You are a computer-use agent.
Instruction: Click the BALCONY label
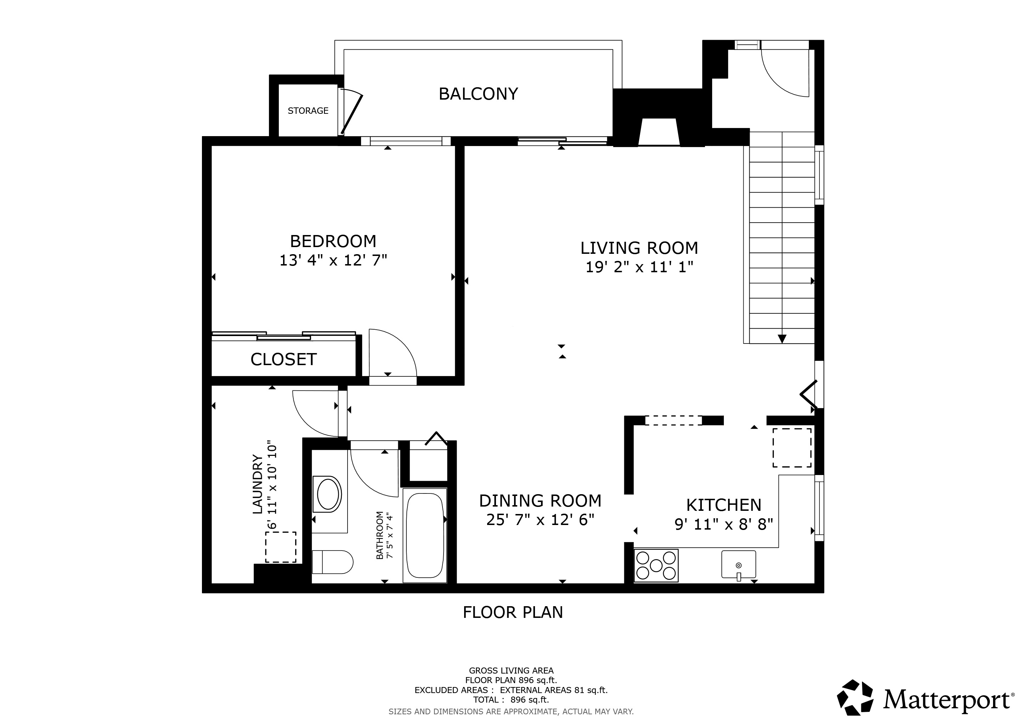(478, 94)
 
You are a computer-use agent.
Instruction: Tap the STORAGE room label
(308, 110)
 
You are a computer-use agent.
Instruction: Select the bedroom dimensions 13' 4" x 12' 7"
(333, 260)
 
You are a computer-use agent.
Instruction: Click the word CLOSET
(283, 359)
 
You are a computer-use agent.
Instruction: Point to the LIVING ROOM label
(639, 248)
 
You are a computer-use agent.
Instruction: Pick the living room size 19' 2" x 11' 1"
(639, 267)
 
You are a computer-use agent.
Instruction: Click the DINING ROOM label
(540, 501)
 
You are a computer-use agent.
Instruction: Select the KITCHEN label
(723, 505)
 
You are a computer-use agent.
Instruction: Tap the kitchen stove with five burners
(656, 565)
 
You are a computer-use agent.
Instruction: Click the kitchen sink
(739, 565)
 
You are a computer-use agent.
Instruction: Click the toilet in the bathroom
(332, 562)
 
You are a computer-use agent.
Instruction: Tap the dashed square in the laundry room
(281, 547)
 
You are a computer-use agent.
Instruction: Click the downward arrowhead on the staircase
(782, 339)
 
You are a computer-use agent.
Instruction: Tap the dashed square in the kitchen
(792, 447)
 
